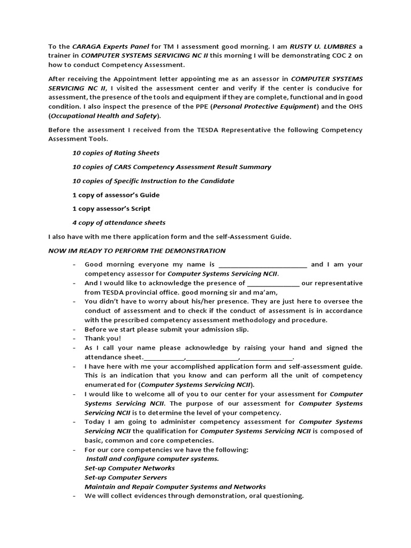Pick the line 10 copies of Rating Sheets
[116, 153]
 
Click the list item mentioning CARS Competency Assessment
[171, 167]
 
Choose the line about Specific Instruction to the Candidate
[153, 181]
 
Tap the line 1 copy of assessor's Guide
[116, 195]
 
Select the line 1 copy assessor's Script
[111, 209]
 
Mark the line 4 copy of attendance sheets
[119, 223]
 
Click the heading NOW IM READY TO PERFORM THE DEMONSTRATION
[136, 250]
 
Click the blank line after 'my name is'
[263, 265]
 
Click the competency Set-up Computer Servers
[126, 477]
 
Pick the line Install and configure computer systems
[152, 459]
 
